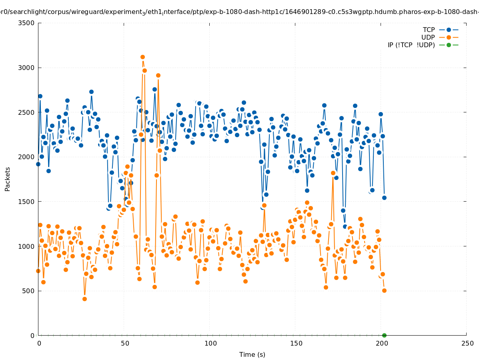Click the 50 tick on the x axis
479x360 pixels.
[125, 343]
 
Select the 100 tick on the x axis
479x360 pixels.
[210, 343]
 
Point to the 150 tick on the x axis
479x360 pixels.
[296, 343]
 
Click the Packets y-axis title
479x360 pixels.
[8, 179]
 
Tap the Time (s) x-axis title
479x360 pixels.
[252, 355]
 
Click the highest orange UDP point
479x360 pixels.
[142, 57]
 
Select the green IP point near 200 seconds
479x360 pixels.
[384, 335]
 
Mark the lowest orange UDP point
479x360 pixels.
[84, 299]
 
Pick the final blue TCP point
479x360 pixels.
[384, 198]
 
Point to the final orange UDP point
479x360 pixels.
[384, 290]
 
